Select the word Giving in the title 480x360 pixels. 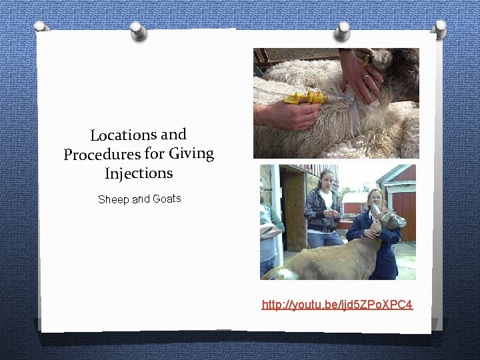tap(191, 153)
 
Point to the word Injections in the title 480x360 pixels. tap(139, 173)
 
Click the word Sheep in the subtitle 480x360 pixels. tap(113, 199)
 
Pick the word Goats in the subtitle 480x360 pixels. tap(167, 199)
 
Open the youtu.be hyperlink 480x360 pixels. tap(337, 305)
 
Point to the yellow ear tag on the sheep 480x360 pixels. tap(365, 60)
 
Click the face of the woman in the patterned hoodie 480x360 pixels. tap(326, 180)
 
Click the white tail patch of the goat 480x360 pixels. tap(273, 273)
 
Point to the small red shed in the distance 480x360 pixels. tap(353, 203)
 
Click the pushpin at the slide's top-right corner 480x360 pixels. tap(439, 27)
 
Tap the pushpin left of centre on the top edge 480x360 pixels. tap(138, 29)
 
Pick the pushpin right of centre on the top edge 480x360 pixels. tap(342, 29)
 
